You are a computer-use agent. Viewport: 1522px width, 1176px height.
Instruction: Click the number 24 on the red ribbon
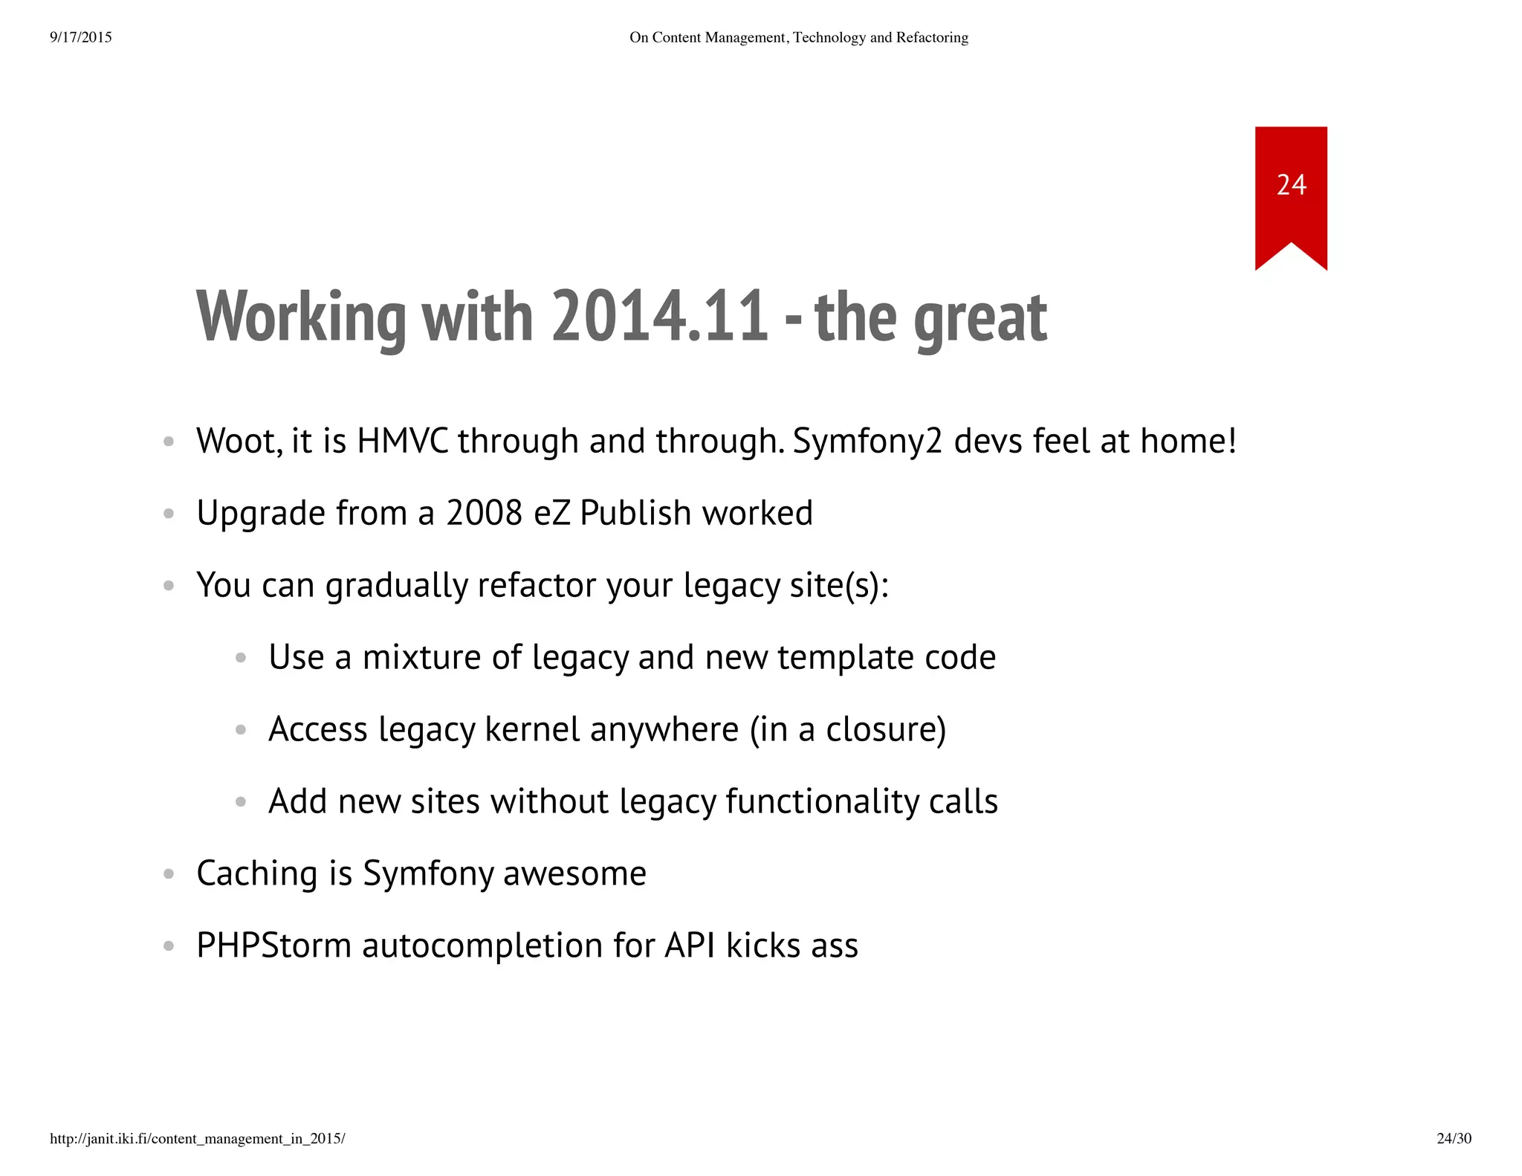click(1291, 185)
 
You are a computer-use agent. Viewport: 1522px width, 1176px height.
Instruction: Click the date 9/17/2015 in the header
click(81, 37)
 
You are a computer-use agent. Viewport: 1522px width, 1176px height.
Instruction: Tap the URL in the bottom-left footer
click(197, 1138)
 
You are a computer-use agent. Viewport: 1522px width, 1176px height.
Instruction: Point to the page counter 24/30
click(1454, 1138)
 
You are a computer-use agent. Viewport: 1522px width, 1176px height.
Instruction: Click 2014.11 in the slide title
click(659, 317)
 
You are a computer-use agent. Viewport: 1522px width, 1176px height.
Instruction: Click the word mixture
click(421, 657)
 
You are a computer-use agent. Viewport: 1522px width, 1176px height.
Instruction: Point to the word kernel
click(532, 729)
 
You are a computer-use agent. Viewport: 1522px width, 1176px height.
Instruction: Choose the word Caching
click(257, 874)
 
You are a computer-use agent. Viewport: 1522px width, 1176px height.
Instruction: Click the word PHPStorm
click(273, 946)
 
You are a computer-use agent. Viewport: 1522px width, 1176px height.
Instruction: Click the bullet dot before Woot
click(169, 442)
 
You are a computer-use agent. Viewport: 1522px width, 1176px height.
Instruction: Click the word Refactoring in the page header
click(932, 37)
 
